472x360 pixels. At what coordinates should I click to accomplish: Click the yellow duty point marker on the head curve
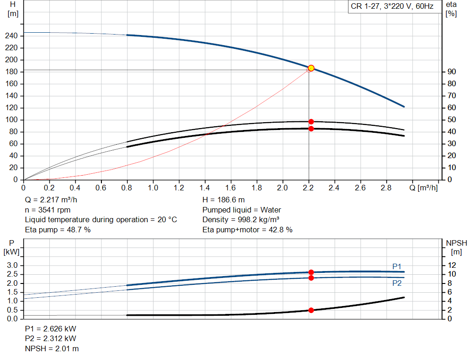(x=311, y=68)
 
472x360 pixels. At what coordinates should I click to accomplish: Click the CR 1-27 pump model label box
(x=395, y=6)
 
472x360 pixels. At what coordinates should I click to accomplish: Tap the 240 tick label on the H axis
(x=12, y=36)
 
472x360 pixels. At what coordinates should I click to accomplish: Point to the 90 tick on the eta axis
(x=452, y=71)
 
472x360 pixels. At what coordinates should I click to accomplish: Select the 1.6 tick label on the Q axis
(x=230, y=188)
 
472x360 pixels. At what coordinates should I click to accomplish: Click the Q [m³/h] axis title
(x=423, y=188)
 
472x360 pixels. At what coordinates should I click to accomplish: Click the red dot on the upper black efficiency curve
(x=311, y=122)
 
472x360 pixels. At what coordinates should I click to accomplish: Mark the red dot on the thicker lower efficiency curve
(x=311, y=129)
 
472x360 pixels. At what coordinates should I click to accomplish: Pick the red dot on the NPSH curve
(x=311, y=310)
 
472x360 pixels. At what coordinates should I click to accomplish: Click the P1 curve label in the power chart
(x=397, y=266)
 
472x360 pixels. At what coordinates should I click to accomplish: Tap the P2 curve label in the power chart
(x=397, y=283)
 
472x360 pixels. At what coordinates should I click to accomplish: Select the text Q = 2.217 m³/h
(x=51, y=200)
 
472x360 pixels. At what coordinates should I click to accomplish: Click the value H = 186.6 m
(x=224, y=200)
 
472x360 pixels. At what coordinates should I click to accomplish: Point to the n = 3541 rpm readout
(x=47, y=210)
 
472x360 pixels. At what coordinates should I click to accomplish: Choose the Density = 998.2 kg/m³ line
(x=241, y=220)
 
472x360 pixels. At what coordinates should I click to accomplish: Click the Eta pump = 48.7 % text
(x=58, y=230)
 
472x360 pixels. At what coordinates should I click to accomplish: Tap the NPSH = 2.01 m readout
(x=52, y=348)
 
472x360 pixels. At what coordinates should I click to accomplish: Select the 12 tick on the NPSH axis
(x=452, y=265)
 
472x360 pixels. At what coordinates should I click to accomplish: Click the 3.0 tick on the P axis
(x=12, y=265)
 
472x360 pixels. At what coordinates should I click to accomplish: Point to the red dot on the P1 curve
(x=311, y=272)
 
